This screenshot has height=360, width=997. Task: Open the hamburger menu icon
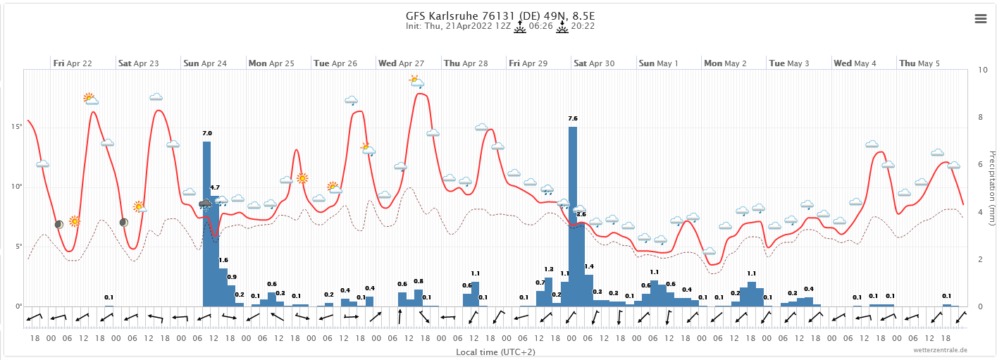pos(981,19)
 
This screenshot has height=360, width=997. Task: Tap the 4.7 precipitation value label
pos(215,187)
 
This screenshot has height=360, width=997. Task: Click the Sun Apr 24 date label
pos(205,63)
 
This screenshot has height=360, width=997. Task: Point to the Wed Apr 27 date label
pos(401,63)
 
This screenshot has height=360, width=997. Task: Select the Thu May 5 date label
pos(919,63)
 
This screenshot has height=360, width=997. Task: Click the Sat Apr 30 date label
pos(594,63)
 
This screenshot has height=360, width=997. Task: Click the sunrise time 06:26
pos(539,27)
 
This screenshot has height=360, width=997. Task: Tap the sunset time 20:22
pos(583,27)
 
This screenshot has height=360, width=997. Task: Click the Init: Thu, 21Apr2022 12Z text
pos(458,27)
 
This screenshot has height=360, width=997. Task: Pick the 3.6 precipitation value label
pos(581,213)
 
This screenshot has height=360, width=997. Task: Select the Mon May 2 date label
pos(725,63)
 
